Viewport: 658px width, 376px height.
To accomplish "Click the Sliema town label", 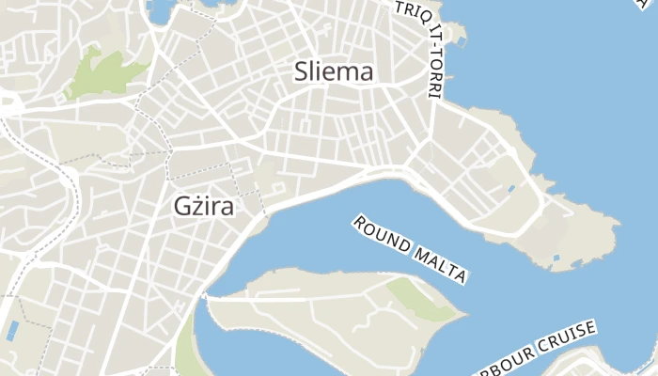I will click(334, 71).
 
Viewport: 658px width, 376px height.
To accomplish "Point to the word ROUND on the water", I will click(382, 235).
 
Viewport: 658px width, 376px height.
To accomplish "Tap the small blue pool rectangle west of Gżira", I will click(12, 330).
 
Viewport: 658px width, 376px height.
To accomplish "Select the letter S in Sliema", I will click(302, 71).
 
